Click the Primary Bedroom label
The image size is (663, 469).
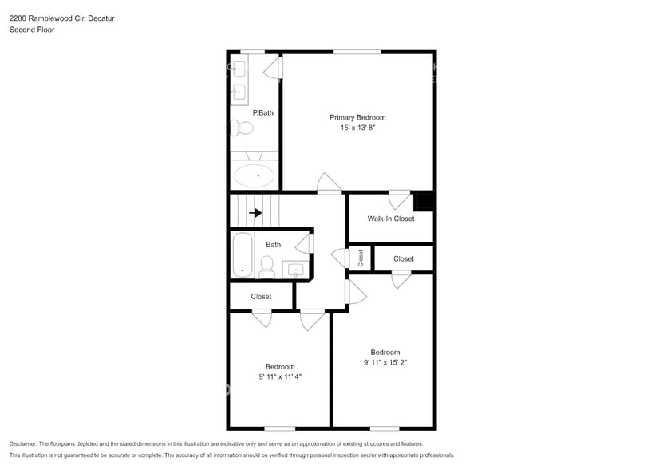point(357,117)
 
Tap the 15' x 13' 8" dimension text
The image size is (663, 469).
point(357,128)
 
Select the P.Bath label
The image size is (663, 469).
point(263,113)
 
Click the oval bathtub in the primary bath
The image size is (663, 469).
point(254,175)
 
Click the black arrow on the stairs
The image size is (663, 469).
point(255,213)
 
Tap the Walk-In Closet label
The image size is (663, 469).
point(390,219)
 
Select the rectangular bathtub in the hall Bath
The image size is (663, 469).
point(242,255)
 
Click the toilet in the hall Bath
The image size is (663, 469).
point(267,266)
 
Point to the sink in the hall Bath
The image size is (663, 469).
point(296,270)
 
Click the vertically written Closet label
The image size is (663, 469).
point(361,258)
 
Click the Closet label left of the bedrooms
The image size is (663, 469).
point(261,297)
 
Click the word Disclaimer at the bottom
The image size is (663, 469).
point(24,443)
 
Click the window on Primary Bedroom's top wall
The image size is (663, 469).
point(357,52)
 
